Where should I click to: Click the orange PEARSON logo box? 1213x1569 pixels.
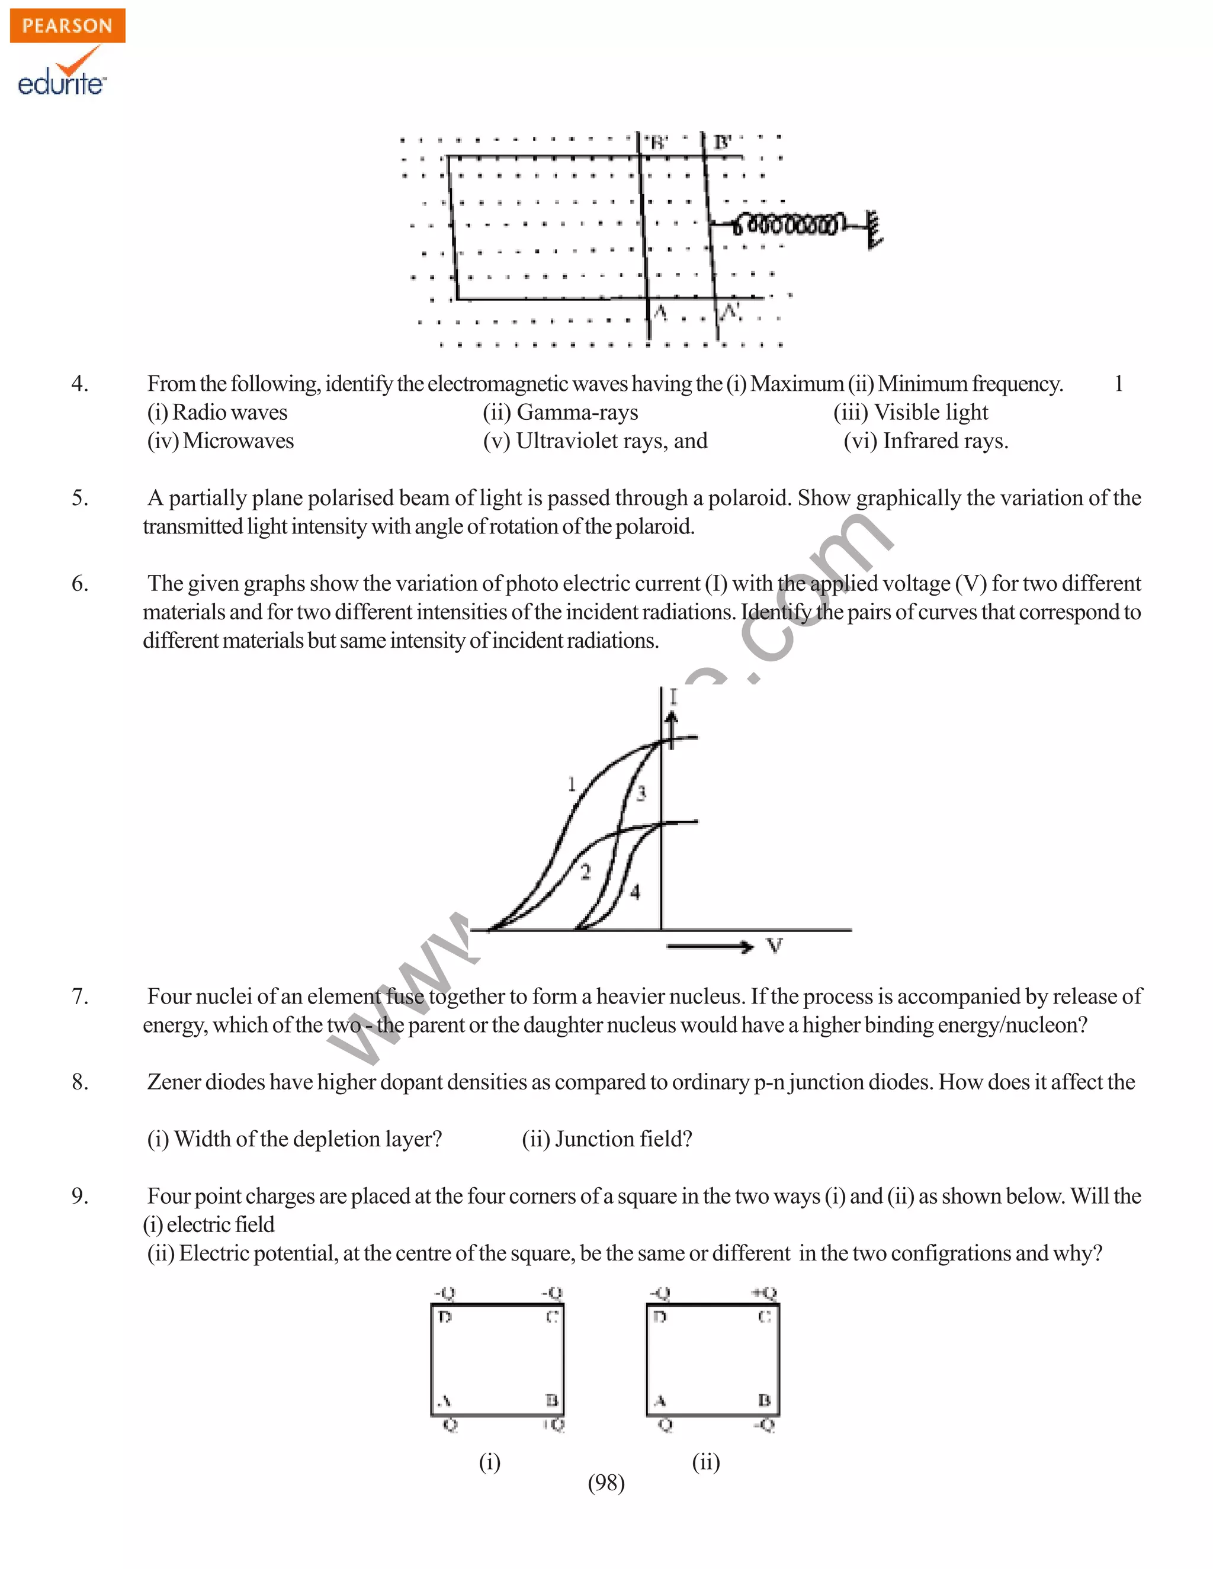point(68,26)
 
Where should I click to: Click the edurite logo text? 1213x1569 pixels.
point(61,83)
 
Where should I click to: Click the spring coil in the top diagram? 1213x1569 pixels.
point(787,224)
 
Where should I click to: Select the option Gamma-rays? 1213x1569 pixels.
point(560,412)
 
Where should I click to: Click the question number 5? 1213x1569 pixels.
point(80,498)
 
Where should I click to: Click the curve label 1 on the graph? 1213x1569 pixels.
point(572,784)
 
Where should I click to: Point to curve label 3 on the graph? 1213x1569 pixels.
point(641,793)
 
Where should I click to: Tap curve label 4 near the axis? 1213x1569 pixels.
point(636,892)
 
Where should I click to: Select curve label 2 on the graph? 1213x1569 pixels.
point(586,872)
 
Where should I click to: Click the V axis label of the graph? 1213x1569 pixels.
point(774,946)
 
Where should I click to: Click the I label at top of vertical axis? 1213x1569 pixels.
point(673,696)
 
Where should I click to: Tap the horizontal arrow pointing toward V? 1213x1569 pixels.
point(710,947)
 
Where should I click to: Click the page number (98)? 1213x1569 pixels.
point(606,1483)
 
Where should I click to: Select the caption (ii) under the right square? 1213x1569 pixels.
point(705,1461)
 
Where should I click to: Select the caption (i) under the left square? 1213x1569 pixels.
point(489,1461)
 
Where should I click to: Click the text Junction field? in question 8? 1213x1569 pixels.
point(606,1139)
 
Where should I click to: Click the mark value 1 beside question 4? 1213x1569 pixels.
point(1118,384)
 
